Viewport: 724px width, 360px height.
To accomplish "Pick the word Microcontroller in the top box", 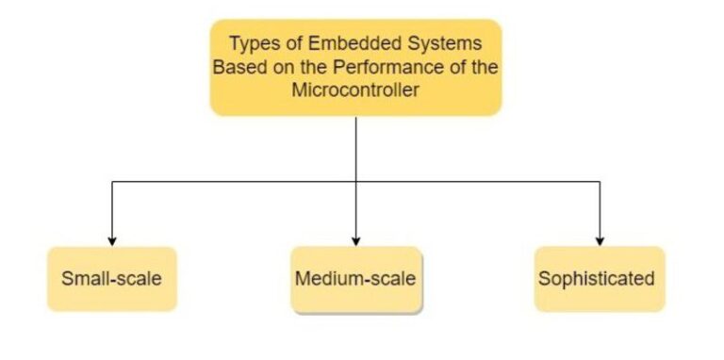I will pyautogui.click(x=355, y=93).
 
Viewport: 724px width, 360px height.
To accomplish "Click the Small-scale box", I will pyautogui.click(x=112, y=279).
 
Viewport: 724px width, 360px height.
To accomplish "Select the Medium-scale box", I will pyautogui.click(x=355, y=279).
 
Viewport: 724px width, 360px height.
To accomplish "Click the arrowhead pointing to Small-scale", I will pyautogui.click(x=112, y=240).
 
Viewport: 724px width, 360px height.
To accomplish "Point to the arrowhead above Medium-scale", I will pyautogui.click(x=356, y=240).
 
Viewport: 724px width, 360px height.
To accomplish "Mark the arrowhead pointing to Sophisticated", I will pyautogui.click(x=601, y=240).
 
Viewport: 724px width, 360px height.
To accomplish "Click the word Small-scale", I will pyautogui.click(x=112, y=279).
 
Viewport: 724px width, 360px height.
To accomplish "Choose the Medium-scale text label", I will pyautogui.click(x=355, y=279).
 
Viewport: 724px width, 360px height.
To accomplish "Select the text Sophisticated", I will pyautogui.click(x=596, y=279).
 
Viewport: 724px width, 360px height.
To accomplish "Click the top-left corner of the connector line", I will pyautogui.click(x=112, y=181).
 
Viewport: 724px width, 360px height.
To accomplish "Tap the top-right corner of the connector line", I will pyautogui.click(x=601, y=181).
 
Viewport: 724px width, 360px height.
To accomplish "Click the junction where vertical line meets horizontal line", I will pyautogui.click(x=356, y=181).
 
